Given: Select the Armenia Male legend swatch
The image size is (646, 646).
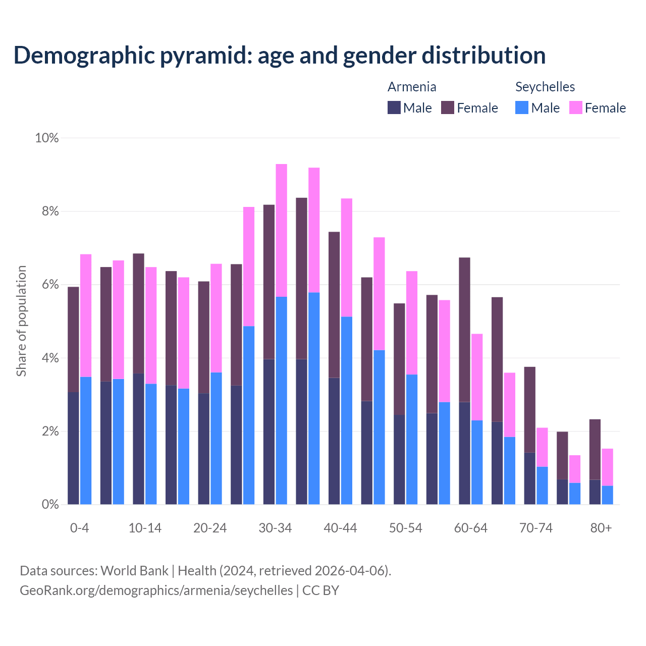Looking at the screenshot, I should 394,107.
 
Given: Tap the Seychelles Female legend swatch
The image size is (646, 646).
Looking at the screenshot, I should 576,107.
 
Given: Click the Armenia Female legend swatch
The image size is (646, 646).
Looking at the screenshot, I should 448,107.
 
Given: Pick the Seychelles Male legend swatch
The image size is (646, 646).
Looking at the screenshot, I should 522,107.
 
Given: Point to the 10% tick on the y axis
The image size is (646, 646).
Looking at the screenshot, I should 46,138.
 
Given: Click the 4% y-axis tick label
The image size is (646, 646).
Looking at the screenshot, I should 49,358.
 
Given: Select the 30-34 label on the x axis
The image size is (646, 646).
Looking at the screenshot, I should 275,528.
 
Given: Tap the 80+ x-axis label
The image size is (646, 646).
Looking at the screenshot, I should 601,528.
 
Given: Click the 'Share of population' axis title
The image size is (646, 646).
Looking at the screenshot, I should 21,321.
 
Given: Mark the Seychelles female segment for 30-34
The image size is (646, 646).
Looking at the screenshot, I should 281,230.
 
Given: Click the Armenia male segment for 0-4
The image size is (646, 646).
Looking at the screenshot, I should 73,448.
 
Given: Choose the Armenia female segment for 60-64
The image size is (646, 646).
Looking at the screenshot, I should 464,330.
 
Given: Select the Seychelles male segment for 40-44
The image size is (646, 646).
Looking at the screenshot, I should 347,410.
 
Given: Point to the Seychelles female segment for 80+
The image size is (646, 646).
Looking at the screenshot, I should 608,467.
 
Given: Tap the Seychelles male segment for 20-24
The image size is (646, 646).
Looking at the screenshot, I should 216,438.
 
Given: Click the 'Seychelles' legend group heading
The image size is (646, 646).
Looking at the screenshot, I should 545,87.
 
